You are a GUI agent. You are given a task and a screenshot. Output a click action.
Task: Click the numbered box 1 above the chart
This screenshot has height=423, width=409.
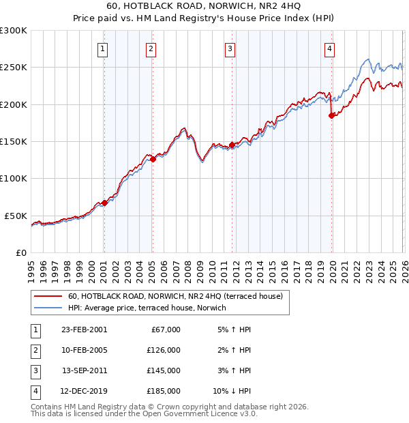point(102,48)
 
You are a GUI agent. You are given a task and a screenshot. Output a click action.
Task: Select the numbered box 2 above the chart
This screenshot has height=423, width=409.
point(150,48)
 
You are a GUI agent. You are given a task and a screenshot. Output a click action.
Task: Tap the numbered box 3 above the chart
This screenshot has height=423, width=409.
point(230,48)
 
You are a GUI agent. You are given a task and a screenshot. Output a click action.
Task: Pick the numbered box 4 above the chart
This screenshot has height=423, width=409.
point(329,48)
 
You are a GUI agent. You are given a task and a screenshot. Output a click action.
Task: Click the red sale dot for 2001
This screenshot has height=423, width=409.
point(104,203)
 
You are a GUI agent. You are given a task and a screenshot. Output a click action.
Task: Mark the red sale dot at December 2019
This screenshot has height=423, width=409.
point(332,115)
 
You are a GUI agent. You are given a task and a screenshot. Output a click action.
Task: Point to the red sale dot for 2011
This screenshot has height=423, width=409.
point(232,145)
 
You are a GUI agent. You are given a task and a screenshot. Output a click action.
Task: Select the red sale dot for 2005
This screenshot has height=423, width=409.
point(153,159)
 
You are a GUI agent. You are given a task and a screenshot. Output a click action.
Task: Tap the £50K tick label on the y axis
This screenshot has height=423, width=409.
point(16,216)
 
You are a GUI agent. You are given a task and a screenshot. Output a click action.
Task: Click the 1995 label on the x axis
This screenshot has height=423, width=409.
point(31,267)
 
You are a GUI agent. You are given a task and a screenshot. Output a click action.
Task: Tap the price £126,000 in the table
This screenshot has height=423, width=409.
point(164,350)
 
